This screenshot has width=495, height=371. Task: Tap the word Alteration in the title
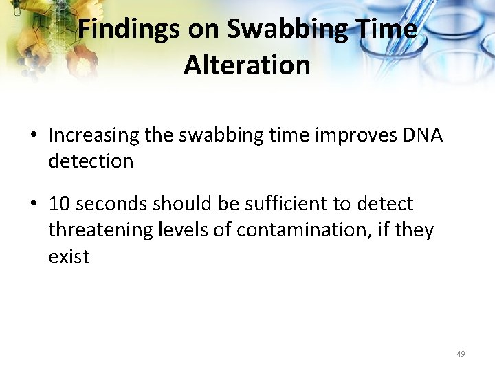(x=247, y=65)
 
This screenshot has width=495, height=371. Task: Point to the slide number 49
(x=460, y=354)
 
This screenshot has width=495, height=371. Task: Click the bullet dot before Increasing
(x=34, y=136)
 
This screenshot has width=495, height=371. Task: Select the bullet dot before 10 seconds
(x=34, y=205)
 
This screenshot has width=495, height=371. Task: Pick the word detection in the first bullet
(x=91, y=161)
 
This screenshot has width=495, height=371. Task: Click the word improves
(x=343, y=135)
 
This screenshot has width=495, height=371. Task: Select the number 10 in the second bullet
(x=60, y=204)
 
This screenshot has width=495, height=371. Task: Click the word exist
(x=69, y=256)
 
